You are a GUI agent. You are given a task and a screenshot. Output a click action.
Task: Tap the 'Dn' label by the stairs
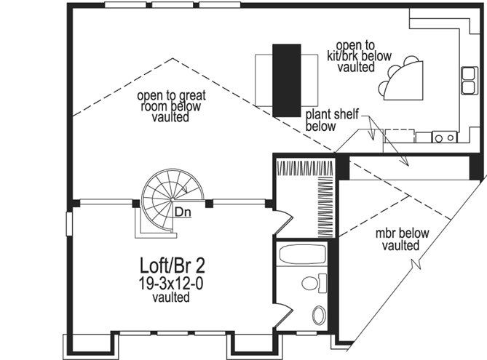[x=183, y=212]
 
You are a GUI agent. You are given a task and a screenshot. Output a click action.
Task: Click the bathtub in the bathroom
[x=303, y=256]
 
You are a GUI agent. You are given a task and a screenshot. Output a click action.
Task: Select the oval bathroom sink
[x=319, y=316]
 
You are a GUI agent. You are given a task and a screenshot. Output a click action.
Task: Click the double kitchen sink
[x=467, y=81]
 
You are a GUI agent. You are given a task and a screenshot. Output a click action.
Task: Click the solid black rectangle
[x=286, y=80]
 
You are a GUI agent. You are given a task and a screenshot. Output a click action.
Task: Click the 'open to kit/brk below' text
[x=356, y=56]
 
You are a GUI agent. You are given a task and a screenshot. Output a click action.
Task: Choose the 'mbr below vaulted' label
[x=402, y=239]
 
